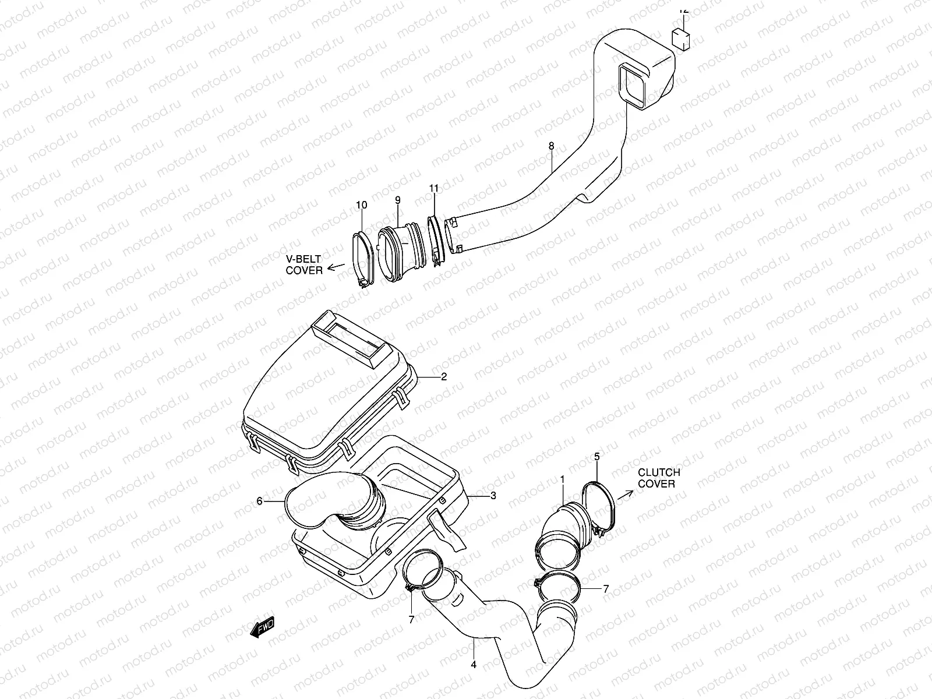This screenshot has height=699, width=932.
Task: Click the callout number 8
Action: [551, 146]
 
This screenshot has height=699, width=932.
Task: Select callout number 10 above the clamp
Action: [362, 205]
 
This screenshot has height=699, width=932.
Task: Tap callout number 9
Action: [398, 200]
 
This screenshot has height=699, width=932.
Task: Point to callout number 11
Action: [433, 188]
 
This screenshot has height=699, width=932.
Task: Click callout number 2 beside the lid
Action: [444, 377]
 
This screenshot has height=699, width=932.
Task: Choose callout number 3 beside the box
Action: [493, 496]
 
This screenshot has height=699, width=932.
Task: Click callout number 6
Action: [260, 500]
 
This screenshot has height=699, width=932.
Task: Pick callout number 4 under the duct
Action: [474, 665]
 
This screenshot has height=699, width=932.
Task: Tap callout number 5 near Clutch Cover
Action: [597, 457]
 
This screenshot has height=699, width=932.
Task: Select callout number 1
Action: [563, 479]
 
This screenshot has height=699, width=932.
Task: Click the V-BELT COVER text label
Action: [304, 265]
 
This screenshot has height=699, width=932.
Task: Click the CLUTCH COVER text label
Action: [658, 478]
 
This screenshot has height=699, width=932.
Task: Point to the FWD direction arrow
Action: [262, 627]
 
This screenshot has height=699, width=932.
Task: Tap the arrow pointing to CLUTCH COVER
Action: [624, 496]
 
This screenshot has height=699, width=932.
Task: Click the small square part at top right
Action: [681, 40]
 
